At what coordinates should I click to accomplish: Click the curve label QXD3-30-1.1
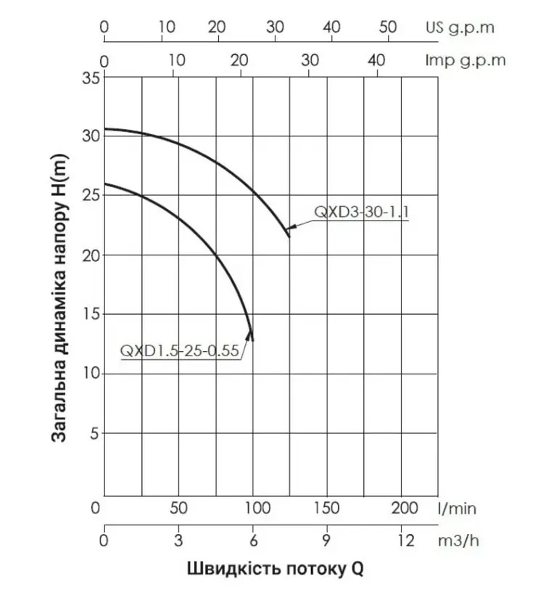point(361,212)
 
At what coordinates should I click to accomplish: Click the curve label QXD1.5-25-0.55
point(179,350)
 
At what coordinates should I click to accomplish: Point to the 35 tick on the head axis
point(91,78)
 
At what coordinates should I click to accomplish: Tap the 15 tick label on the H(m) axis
point(91,314)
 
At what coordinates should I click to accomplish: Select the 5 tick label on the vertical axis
point(94,434)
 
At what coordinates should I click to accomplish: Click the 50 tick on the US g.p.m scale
point(388,27)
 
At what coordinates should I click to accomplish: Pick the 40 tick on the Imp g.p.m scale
point(377,60)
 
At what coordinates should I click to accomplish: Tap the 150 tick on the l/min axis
point(326,508)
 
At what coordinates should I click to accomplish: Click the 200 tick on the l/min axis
point(405,508)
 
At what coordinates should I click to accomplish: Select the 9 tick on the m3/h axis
point(326,541)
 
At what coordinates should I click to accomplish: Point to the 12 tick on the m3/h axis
point(405,541)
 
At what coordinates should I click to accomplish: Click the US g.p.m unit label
point(460,28)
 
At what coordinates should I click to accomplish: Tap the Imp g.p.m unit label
point(465,60)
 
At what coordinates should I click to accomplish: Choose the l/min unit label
point(457,509)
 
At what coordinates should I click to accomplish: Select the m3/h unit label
point(458,541)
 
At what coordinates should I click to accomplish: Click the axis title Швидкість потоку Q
point(275,569)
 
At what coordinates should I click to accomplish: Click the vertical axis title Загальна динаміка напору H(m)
point(59,298)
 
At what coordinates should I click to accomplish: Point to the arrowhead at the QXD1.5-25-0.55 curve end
point(250,334)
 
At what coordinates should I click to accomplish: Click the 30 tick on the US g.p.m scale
point(275,27)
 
